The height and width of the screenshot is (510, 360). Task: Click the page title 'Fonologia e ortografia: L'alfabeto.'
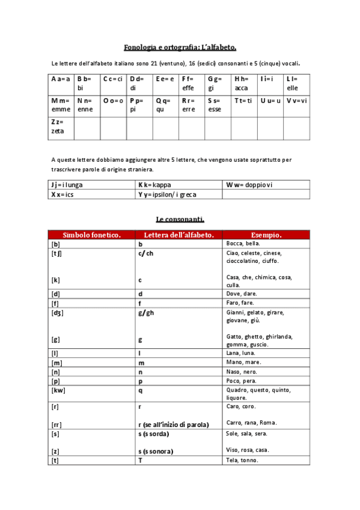click(180, 47)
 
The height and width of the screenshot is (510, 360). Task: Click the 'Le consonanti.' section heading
click(180, 219)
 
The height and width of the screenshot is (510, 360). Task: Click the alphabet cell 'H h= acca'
click(243, 83)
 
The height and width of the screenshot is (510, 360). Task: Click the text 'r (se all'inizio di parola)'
click(174, 424)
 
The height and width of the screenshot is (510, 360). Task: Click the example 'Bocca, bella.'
click(243, 244)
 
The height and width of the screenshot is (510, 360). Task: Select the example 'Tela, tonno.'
click(242, 460)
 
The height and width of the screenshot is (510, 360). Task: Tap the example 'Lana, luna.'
click(240, 354)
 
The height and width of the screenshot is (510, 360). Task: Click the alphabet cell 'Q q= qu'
click(163, 105)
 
